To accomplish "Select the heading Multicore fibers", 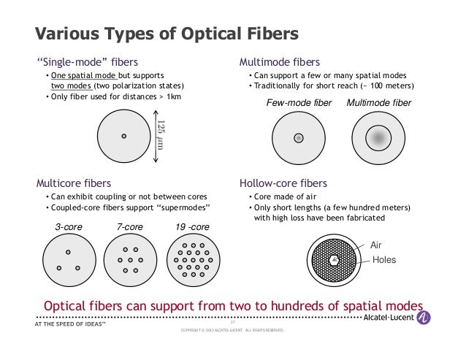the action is pyautogui.click(x=74, y=183).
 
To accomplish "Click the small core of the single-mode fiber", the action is pyautogui.click(x=124, y=136).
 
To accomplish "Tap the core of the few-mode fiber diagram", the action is pyautogui.click(x=298, y=137).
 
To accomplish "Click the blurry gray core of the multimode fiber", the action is pyautogui.click(x=378, y=137).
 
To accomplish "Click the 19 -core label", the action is pyautogui.click(x=192, y=227).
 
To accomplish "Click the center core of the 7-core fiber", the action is pyautogui.click(x=131, y=260).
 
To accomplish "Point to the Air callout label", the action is pyautogui.click(x=377, y=245).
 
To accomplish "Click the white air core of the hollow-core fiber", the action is pyautogui.click(x=333, y=259).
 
